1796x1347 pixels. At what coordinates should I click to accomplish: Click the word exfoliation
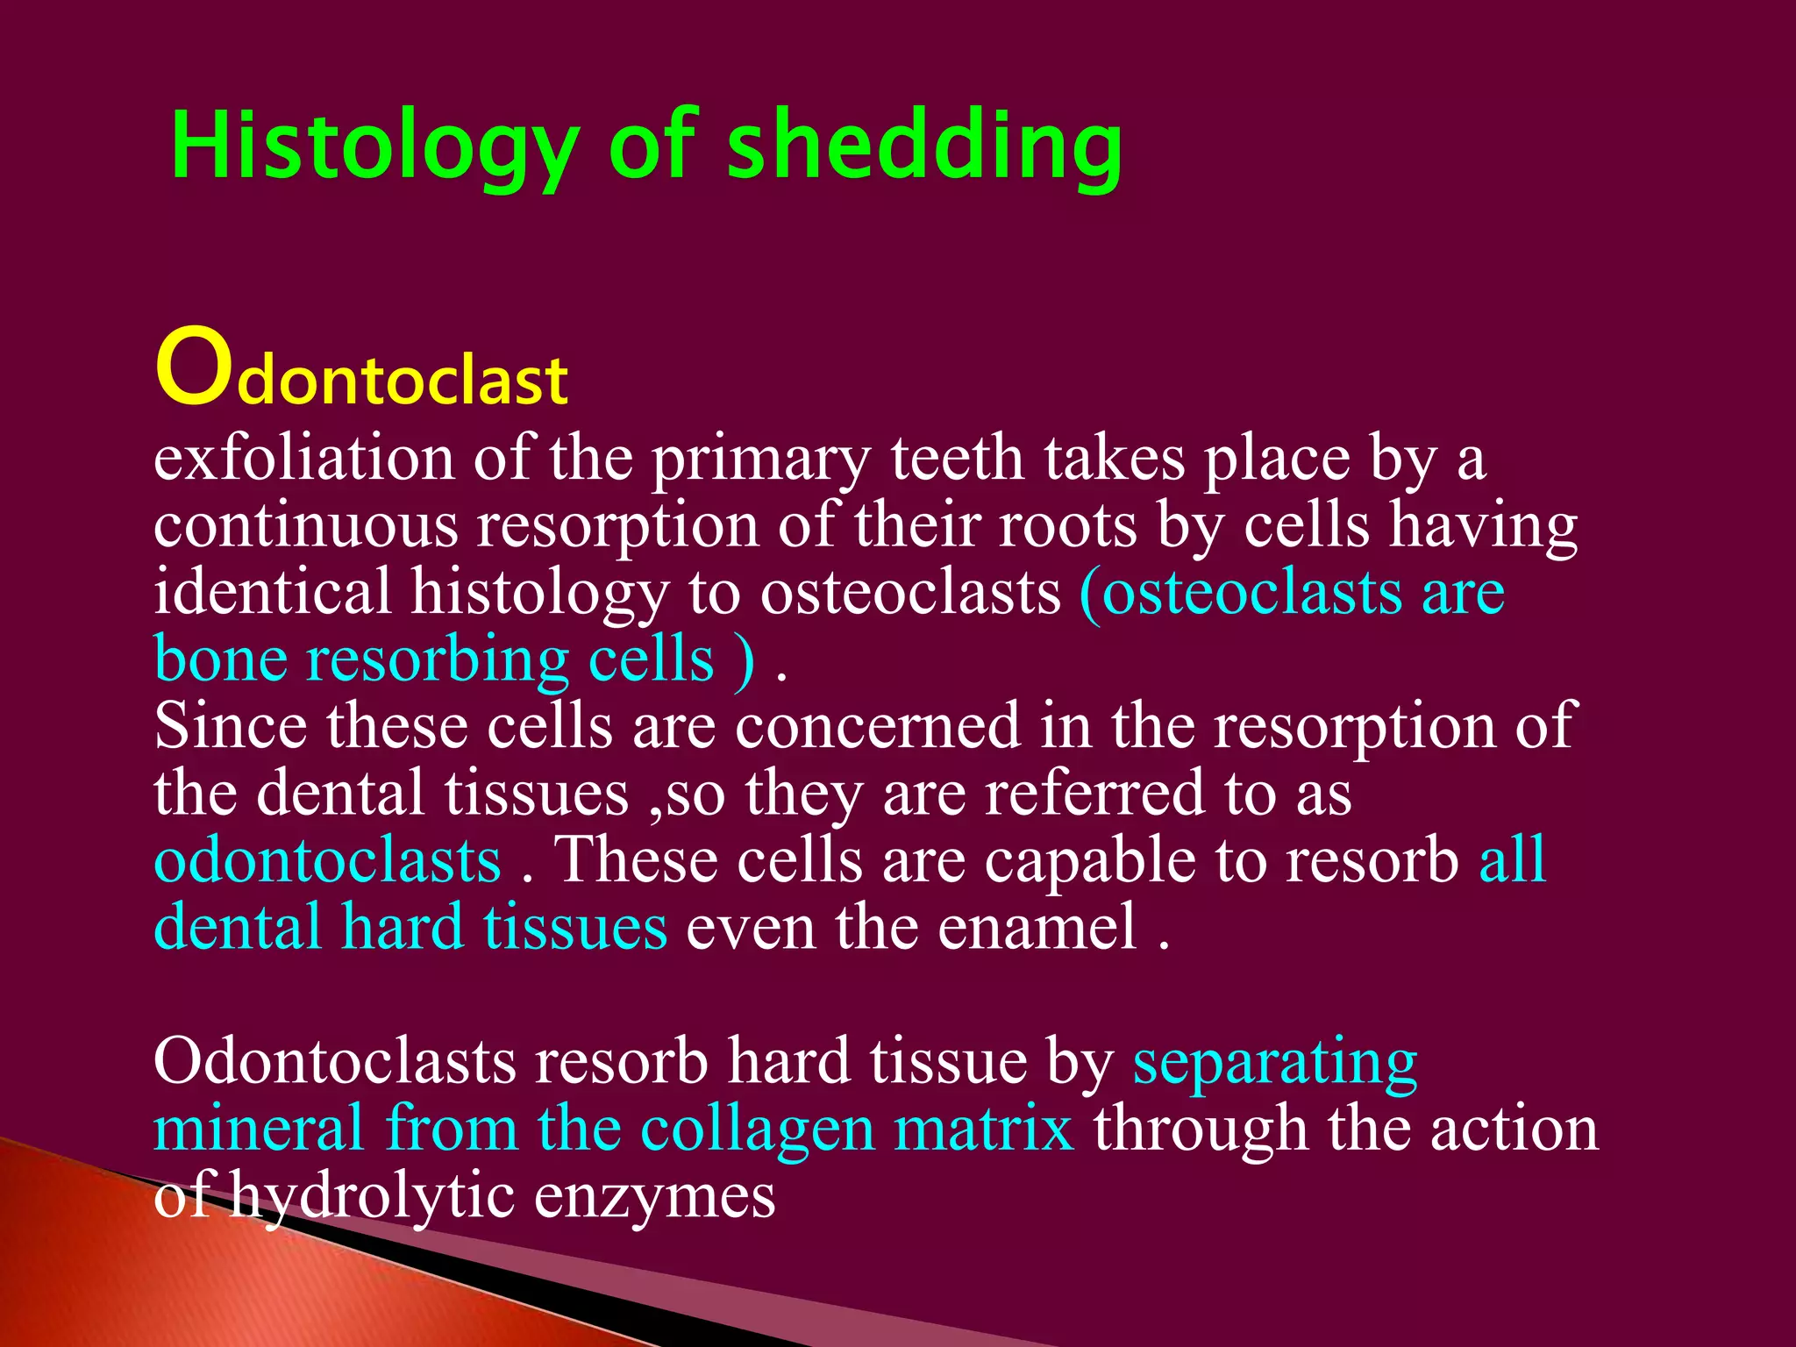[303, 459]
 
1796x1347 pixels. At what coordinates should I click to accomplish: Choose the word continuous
[305, 526]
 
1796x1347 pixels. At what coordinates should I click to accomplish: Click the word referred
[1094, 793]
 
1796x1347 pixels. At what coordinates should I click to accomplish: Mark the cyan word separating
[1274, 1063]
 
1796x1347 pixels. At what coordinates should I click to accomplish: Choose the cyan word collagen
[758, 1130]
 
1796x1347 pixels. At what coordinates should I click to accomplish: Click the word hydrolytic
[372, 1197]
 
